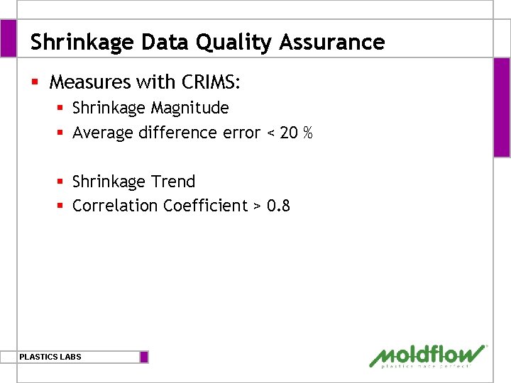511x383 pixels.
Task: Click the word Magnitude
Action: pyautogui.click(x=189, y=108)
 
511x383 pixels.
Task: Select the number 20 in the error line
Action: pyautogui.click(x=289, y=133)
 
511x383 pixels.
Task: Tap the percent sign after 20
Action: pyautogui.click(x=307, y=133)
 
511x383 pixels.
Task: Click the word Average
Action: pyautogui.click(x=102, y=133)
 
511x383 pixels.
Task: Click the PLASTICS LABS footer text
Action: pyautogui.click(x=50, y=357)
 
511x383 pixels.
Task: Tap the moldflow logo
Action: pyautogui.click(x=428, y=355)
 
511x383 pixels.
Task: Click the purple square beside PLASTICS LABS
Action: pyautogui.click(x=144, y=357)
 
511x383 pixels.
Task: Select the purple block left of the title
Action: pyautogui.click(x=8, y=38)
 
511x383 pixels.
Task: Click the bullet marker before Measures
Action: pyautogui.click(x=34, y=83)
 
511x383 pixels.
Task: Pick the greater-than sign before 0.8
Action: pyautogui.click(x=257, y=206)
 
